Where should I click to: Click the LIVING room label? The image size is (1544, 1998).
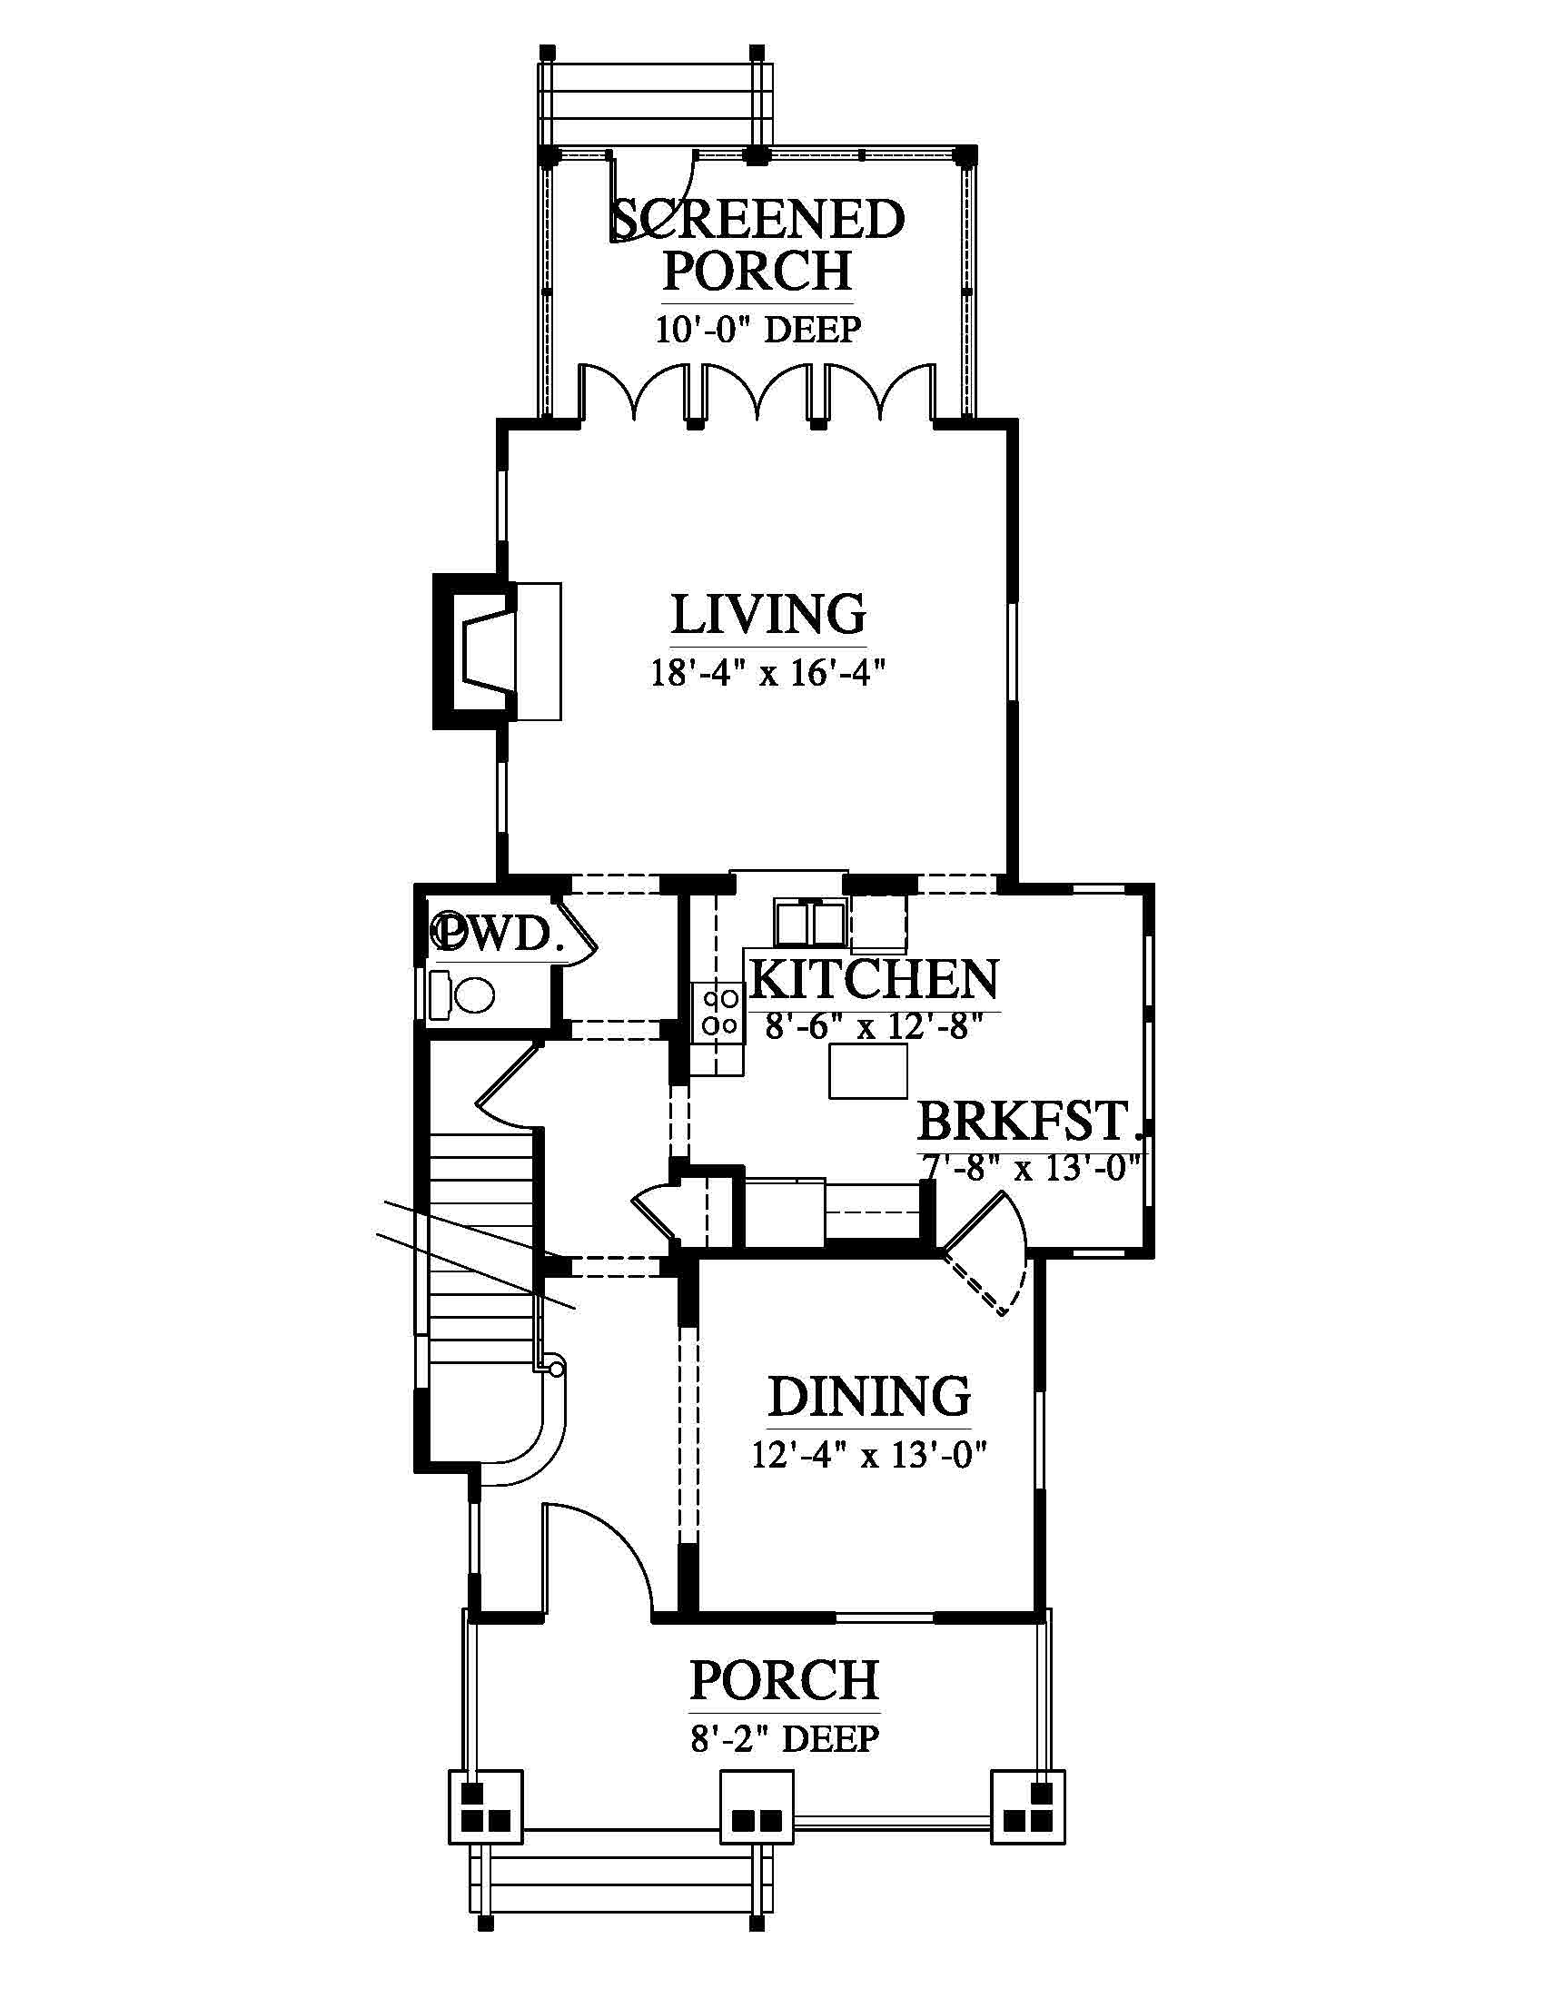[768, 615]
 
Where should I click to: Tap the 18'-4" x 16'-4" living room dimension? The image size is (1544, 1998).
[768, 673]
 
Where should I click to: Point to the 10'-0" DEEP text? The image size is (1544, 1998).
[758, 329]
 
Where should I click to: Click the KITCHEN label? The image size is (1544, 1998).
[875, 980]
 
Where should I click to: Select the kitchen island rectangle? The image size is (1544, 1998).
[868, 1071]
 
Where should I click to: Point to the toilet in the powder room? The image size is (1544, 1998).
[462, 995]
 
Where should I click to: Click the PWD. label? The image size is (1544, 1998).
[495, 934]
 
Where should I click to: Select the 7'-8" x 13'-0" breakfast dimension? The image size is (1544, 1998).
[1032, 1168]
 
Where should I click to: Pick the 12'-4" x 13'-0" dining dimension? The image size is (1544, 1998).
[869, 1455]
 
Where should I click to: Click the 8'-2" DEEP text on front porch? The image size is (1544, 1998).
[785, 1738]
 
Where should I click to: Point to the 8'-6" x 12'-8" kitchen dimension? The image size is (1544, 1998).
[875, 1026]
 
